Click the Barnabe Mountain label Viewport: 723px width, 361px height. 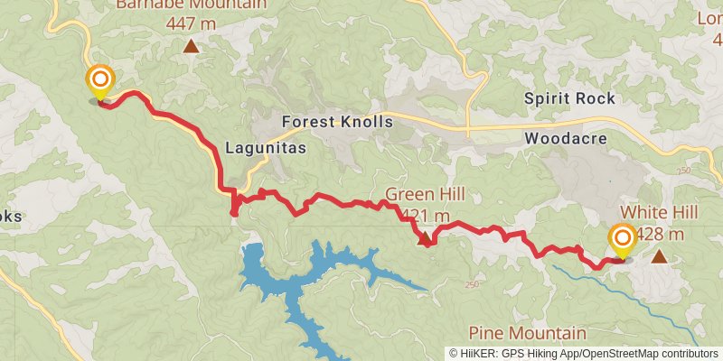191,5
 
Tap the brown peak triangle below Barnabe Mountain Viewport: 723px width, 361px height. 191,46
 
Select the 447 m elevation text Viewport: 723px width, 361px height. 191,24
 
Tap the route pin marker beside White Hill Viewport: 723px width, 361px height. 622,239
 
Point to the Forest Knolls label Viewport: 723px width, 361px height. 337,122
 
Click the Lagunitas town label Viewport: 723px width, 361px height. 266,147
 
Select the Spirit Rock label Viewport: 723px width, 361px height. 570,98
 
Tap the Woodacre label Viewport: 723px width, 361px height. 565,139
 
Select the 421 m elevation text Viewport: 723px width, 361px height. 426,216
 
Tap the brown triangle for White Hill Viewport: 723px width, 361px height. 660,257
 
